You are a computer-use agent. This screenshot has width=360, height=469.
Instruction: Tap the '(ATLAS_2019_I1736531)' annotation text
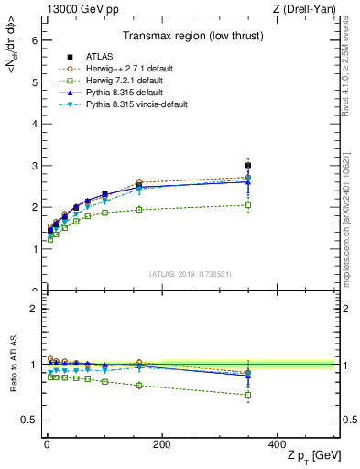(189, 274)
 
